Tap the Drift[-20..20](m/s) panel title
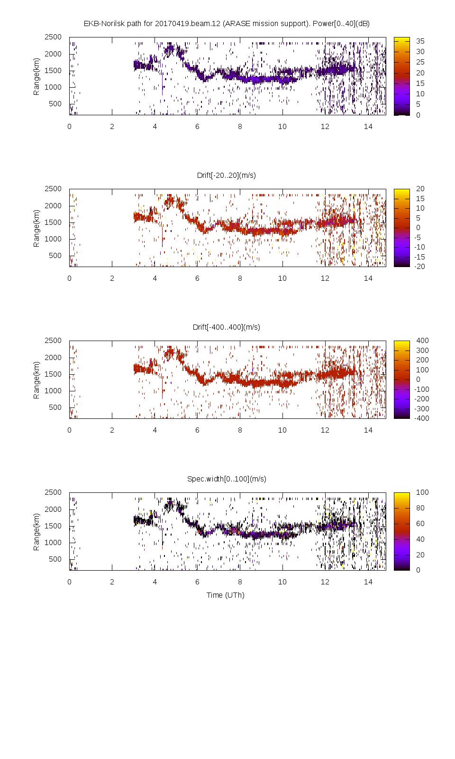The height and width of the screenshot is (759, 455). point(226,176)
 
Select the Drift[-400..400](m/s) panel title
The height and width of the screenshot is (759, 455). point(226,327)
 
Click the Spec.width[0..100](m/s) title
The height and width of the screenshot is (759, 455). point(227,479)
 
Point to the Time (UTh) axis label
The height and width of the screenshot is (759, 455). point(225,595)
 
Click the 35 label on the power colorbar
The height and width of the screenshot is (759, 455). point(420,41)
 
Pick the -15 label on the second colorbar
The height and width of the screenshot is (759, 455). point(419,257)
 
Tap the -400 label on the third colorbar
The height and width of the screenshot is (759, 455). point(421,418)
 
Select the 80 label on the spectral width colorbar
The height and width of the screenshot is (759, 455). point(420,508)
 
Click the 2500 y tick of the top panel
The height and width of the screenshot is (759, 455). point(53,37)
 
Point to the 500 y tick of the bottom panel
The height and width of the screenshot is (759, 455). point(55,559)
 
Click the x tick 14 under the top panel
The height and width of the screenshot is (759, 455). point(368,127)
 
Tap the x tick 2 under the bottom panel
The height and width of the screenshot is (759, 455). point(112,582)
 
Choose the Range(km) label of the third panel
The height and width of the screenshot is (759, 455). point(36,380)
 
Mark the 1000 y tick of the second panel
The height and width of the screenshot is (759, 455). point(53,239)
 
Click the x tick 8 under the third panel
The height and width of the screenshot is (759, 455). point(240,430)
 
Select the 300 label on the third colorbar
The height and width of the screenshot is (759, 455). point(422,351)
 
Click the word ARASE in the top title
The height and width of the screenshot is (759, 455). point(237,24)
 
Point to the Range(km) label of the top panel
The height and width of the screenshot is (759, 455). point(36,76)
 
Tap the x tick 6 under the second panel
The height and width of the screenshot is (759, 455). point(197,278)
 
